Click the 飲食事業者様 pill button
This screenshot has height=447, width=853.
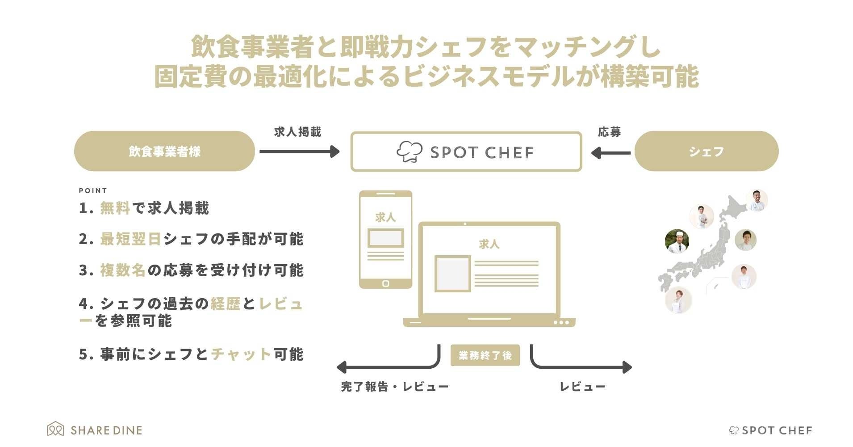164,151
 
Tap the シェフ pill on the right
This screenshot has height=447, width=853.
706,151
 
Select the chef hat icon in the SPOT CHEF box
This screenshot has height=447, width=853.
409,152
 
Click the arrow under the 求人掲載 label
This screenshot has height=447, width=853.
299,152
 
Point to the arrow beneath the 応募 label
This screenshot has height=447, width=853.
610,153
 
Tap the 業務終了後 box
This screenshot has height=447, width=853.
485,355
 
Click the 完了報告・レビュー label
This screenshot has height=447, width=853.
394,387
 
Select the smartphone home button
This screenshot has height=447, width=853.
386,283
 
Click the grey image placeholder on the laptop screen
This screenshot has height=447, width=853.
452,273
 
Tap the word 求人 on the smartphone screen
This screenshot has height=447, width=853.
385,217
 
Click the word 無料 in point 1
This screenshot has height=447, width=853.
115,208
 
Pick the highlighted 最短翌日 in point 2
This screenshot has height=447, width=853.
130,239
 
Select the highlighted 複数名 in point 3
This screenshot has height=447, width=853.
123,270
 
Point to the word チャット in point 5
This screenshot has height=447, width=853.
241,354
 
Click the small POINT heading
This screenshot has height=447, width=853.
93,190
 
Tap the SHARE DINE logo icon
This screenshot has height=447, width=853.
55,429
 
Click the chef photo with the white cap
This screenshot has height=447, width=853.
677,241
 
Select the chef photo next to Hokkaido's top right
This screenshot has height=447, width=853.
757,200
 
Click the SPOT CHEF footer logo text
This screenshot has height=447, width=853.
777,430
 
